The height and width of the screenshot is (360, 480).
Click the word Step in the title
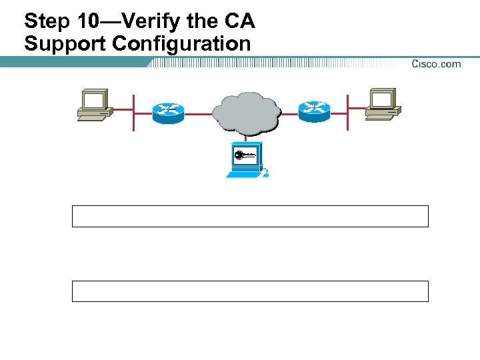[x=46, y=21]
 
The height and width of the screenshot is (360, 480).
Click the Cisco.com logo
[x=436, y=64]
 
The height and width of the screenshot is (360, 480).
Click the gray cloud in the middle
[x=245, y=111]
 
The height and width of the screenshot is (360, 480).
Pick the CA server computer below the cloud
[x=245, y=160]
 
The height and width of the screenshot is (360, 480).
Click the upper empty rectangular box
[x=250, y=217]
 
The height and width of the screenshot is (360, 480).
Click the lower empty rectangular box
[x=250, y=291]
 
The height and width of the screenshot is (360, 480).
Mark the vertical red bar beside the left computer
[x=134, y=113]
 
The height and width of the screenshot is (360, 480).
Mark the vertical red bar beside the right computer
[x=347, y=113]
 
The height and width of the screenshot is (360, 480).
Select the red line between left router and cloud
[x=198, y=114]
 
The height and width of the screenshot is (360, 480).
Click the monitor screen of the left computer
[x=93, y=101]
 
